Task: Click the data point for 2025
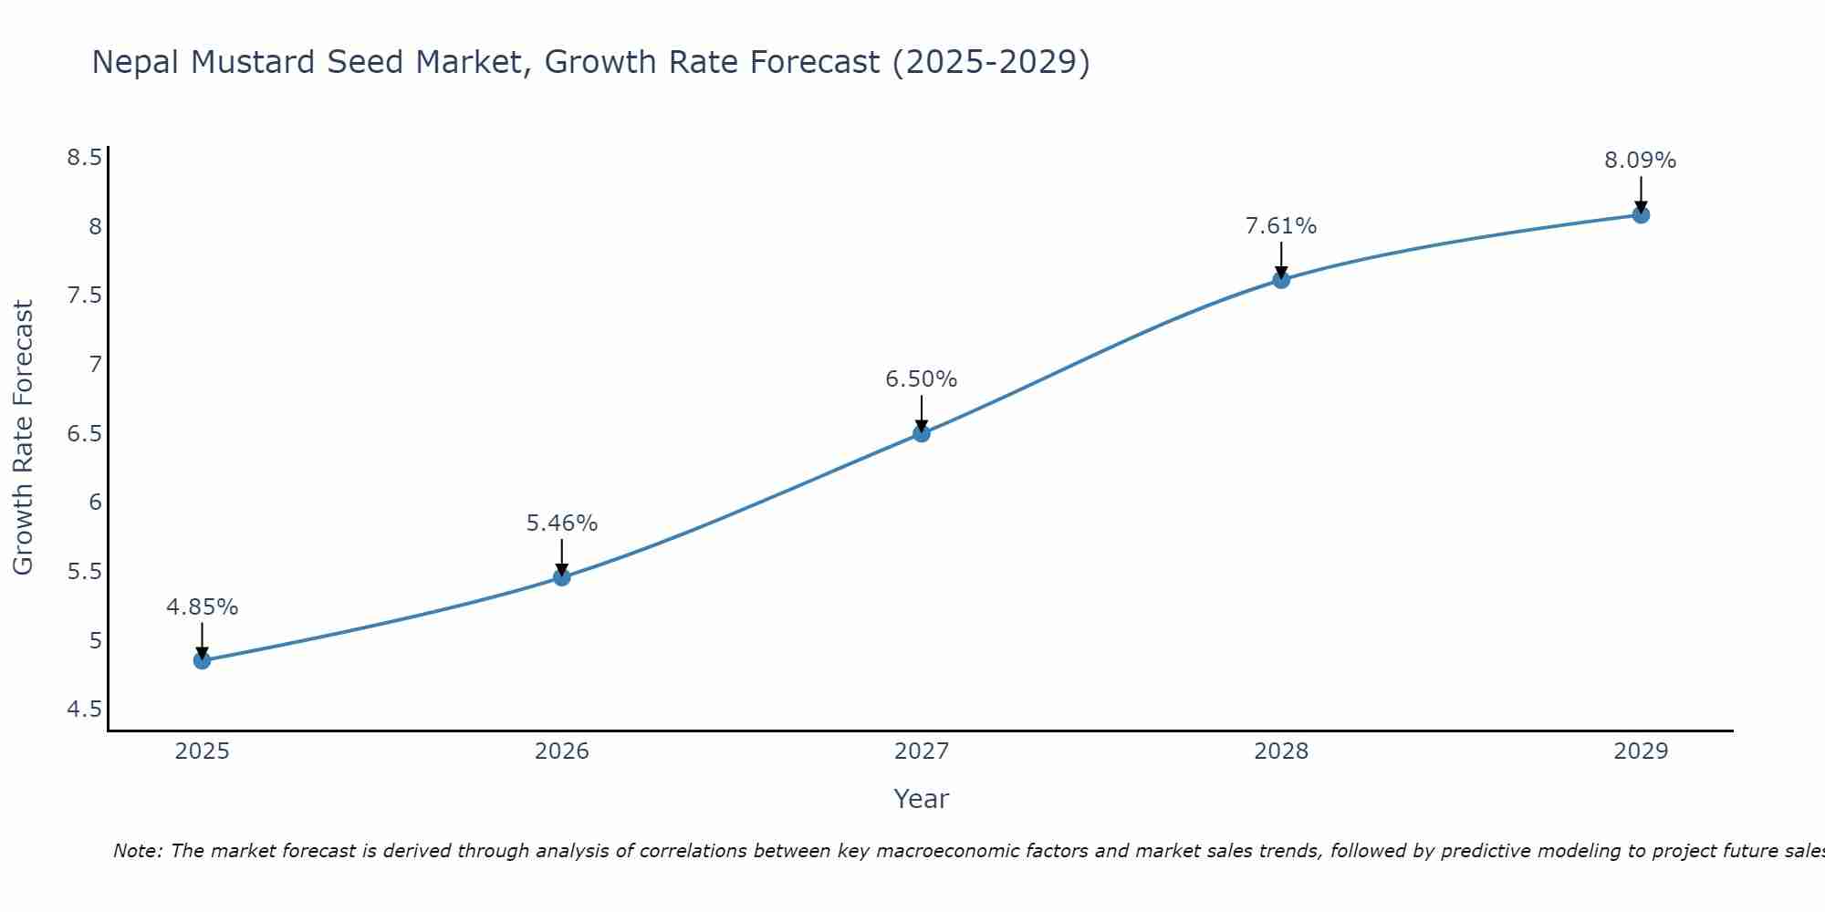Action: click(202, 660)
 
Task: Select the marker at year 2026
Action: click(561, 577)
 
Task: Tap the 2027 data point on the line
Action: click(921, 433)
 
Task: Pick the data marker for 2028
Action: click(1281, 280)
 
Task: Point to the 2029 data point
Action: click(1641, 215)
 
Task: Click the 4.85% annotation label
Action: click(202, 607)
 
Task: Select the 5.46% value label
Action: click(561, 523)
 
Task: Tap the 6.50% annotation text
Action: click(921, 379)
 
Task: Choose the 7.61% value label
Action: click(1281, 226)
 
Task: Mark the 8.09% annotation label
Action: click(1640, 161)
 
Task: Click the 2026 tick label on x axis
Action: click(561, 751)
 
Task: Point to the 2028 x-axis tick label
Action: click(1281, 751)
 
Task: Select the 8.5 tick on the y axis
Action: click(84, 158)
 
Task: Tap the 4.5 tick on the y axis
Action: click(84, 710)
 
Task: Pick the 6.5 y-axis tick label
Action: click(84, 434)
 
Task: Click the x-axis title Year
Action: click(921, 799)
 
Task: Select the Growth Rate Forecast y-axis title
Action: click(23, 438)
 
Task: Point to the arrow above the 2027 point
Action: click(921, 412)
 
